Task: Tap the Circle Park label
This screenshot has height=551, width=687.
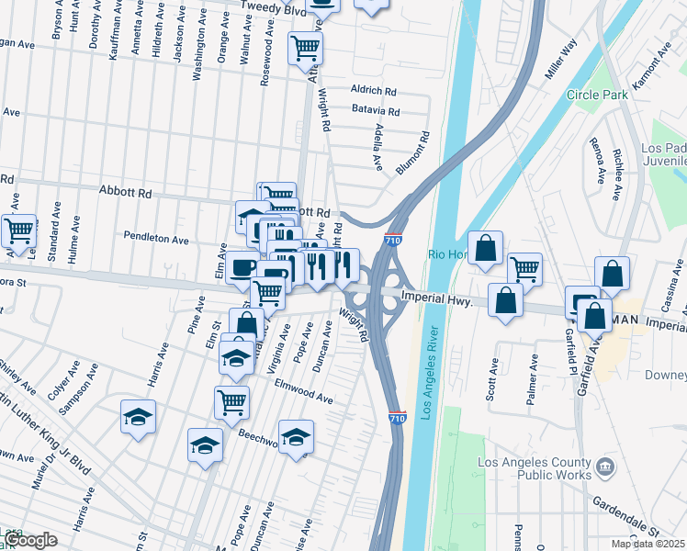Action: tap(596, 95)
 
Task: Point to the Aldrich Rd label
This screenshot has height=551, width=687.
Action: tap(373, 91)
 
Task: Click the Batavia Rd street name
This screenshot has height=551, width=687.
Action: tap(376, 111)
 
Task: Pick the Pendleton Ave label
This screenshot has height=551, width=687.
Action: tap(157, 238)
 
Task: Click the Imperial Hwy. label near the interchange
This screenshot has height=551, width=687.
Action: tap(437, 298)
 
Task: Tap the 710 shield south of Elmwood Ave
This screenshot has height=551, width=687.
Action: tap(397, 418)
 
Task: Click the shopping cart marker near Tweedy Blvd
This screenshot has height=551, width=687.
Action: tap(306, 48)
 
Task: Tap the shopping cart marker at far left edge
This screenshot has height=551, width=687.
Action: tap(17, 231)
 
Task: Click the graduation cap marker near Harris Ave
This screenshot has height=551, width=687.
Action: tap(139, 416)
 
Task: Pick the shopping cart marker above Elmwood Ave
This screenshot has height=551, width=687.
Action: tap(231, 401)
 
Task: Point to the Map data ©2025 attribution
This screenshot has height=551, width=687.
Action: tap(648, 544)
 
